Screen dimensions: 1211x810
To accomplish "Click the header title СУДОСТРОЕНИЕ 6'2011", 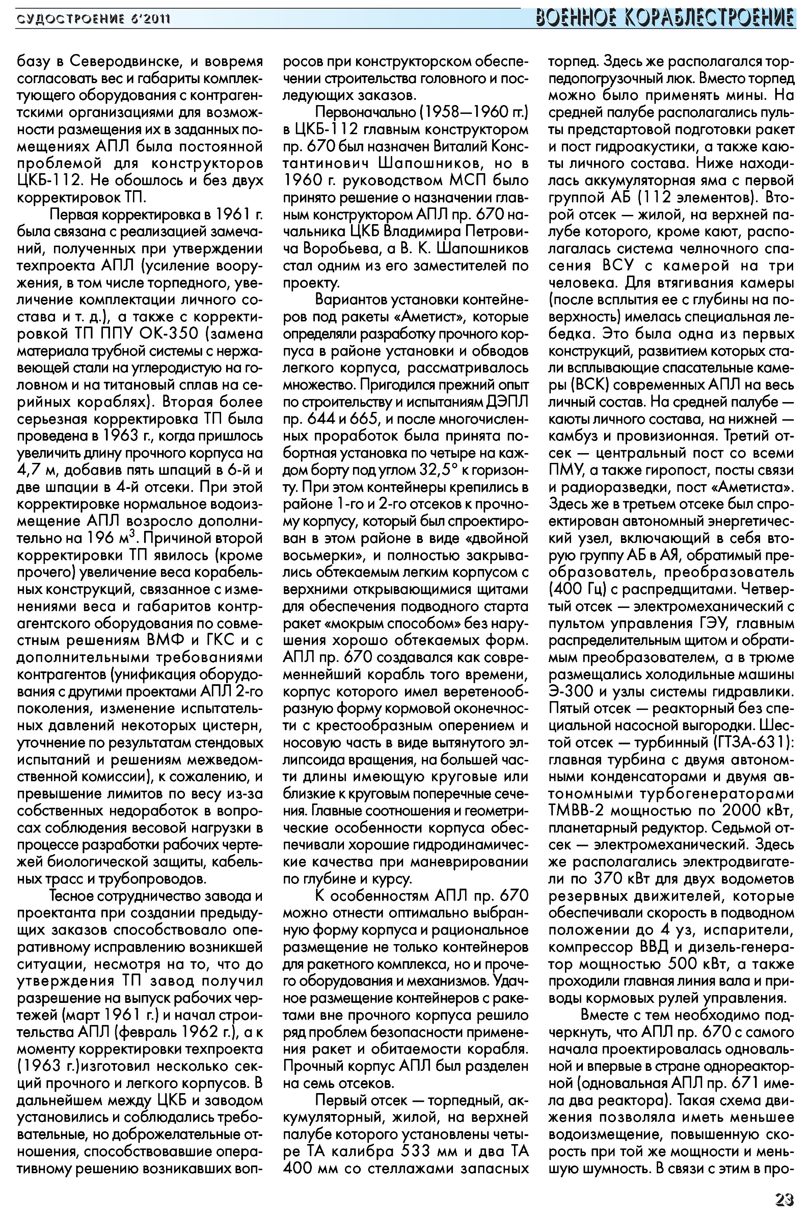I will pos(93,20).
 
